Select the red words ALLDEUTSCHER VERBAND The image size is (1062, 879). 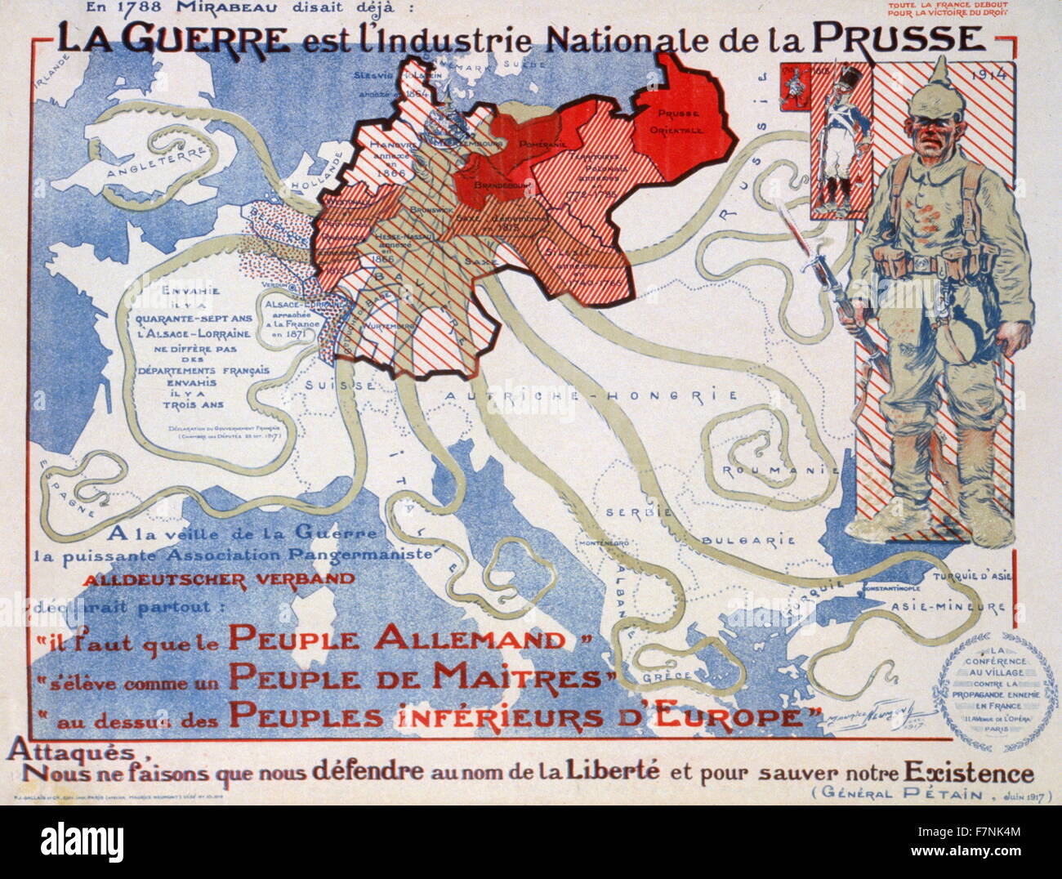(x=221, y=578)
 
